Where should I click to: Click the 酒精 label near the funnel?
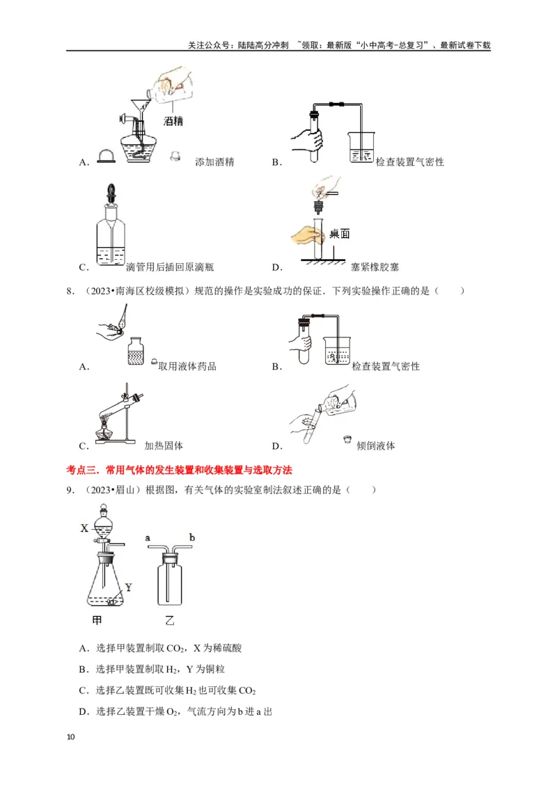pos(173,121)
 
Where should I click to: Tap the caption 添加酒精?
pos(215,161)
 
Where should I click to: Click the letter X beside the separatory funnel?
pos(84,528)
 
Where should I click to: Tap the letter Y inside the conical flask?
pos(128,587)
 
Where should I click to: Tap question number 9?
pos(70,490)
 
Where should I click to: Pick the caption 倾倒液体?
pos(375,446)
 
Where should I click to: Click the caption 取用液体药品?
pos(187,366)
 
